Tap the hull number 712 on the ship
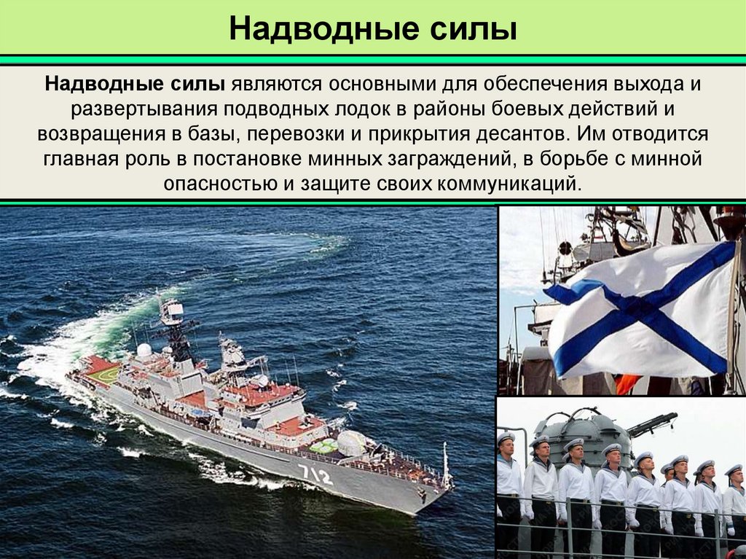(x=315, y=475)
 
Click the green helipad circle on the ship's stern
(x=102, y=374)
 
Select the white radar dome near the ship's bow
(x=351, y=442)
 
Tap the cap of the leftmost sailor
(x=506, y=437)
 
